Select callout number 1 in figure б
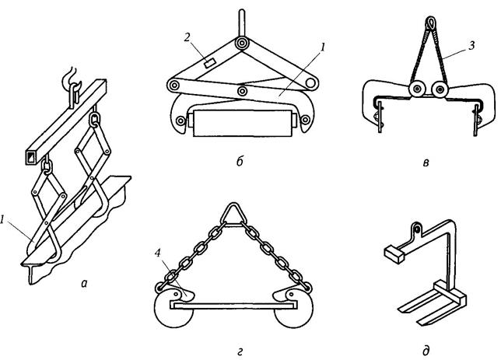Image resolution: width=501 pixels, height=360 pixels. coord(321,46)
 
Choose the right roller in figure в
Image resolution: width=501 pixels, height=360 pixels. coord(441,92)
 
